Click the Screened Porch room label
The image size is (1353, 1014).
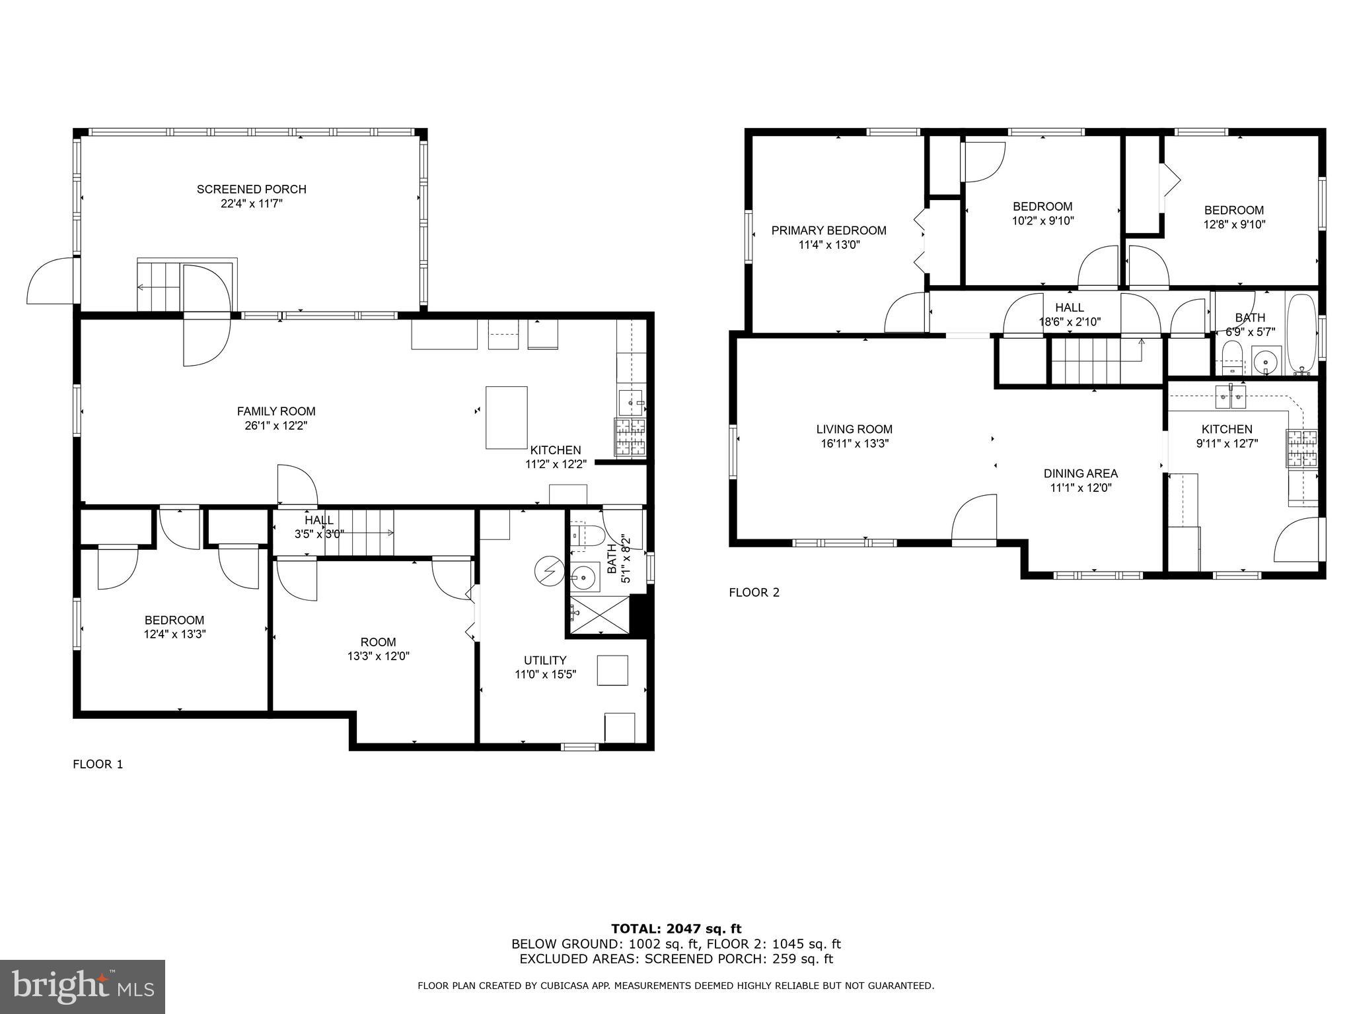click(251, 189)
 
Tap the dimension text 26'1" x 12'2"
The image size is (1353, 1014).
click(275, 426)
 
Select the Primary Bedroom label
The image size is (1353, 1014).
click(828, 230)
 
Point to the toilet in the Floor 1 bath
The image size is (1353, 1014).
click(587, 535)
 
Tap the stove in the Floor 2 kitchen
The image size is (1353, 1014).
click(1301, 448)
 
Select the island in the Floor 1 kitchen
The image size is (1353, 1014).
click(506, 418)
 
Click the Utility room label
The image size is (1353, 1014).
click(544, 660)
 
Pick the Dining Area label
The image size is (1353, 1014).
click(1080, 473)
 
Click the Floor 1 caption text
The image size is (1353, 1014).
click(98, 764)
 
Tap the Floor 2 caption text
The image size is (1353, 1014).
click(754, 593)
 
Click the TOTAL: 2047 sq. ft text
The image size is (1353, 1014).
click(676, 929)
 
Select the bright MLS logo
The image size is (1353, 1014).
click(83, 986)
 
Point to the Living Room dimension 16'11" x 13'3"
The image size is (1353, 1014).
click(854, 444)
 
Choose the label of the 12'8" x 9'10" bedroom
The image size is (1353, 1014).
click(1233, 211)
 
